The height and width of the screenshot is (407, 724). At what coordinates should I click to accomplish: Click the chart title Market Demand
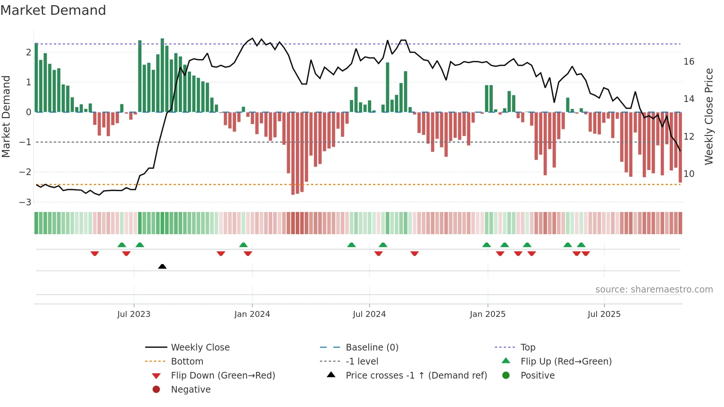tap(53, 10)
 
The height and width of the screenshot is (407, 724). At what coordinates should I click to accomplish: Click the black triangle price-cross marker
tap(162, 266)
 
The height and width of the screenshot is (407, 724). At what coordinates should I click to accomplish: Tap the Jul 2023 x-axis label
tap(134, 314)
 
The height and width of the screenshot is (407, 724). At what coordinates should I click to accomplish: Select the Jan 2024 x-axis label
tap(252, 314)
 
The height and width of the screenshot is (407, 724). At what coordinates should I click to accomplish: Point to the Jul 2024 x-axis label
tap(369, 314)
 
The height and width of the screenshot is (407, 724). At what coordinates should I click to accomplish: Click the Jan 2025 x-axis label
tap(488, 314)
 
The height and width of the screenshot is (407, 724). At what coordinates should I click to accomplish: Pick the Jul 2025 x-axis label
tap(604, 314)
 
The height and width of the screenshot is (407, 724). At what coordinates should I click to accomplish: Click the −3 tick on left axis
tap(25, 202)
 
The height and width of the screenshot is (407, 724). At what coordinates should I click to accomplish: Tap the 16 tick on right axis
tap(689, 62)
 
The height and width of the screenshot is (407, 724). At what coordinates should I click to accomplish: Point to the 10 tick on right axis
tap(689, 174)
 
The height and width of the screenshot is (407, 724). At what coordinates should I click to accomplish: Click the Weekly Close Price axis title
tap(709, 116)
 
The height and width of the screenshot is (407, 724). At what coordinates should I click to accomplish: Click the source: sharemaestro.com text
tap(654, 290)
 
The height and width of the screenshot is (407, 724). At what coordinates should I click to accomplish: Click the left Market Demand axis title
tap(6, 116)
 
